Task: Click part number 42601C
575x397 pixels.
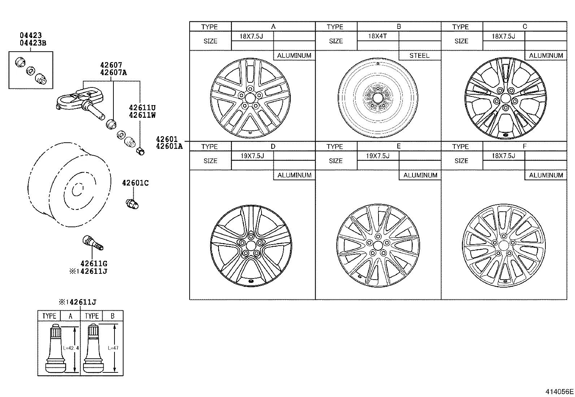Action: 135,183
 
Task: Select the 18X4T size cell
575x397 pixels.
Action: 377,36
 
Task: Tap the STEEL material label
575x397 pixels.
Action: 419,56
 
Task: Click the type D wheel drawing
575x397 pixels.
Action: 251,246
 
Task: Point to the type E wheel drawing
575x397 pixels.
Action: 378,246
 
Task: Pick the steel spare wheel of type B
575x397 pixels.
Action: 377,98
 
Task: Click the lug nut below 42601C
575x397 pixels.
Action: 132,204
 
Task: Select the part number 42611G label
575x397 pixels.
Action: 94,264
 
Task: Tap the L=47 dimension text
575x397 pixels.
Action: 113,348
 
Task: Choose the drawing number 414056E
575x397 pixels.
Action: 559,391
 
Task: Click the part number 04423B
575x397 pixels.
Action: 33,43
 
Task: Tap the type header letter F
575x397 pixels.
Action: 524,146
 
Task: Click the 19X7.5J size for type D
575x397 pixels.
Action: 252,156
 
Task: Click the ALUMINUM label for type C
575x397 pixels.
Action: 546,56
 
